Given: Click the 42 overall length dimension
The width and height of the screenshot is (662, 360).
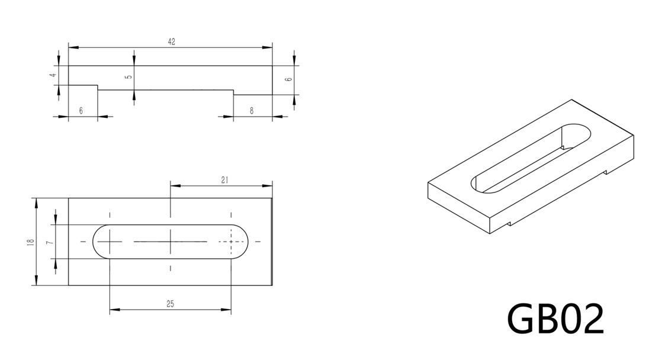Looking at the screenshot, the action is tap(171, 42).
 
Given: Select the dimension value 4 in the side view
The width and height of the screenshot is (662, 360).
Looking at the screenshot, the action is tap(53, 75).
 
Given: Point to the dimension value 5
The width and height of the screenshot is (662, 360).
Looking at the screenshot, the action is tap(129, 77).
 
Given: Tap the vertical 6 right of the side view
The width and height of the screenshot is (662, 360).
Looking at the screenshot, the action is tap(289, 79).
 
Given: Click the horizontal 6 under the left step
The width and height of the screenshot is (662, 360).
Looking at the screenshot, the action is tap(81, 111).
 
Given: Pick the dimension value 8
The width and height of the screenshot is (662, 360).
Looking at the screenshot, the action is tap(252, 111).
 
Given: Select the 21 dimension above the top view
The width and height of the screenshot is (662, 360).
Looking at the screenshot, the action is tap(224, 180).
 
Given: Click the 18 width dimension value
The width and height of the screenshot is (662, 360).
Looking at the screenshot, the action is tap(30, 242).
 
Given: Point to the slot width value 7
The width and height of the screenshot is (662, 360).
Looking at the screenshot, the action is tap(49, 242).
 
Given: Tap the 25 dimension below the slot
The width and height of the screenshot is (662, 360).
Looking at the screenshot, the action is tap(170, 303).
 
